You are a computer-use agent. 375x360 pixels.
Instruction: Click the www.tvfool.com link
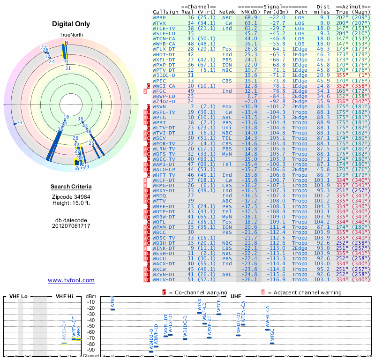click(71, 280)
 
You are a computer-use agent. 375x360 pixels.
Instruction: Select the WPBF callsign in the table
click(159, 17)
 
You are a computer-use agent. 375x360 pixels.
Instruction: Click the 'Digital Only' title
click(71, 24)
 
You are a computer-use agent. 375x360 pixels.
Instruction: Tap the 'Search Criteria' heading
click(71, 187)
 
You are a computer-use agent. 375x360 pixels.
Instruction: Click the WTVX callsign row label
click(159, 22)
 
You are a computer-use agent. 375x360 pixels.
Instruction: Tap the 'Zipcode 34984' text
click(71, 196)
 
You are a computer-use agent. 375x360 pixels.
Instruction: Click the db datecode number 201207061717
click(71, 226)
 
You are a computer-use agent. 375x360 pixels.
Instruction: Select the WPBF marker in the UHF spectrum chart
click(113, 309)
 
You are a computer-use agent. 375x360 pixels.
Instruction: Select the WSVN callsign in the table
click(159, 107)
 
